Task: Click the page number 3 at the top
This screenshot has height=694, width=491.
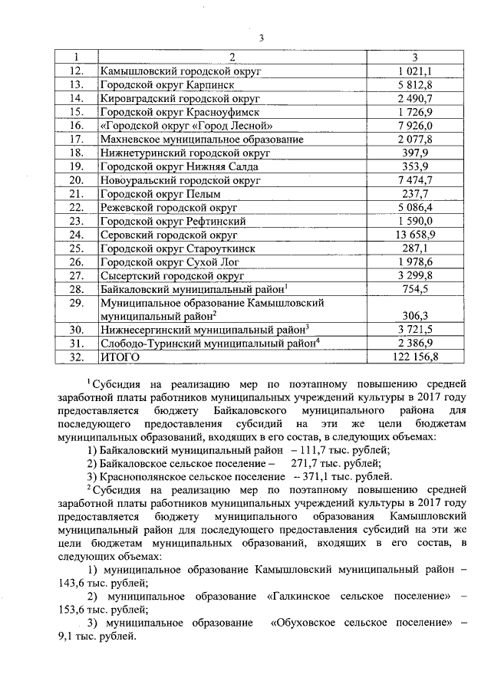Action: (x=261, y=39)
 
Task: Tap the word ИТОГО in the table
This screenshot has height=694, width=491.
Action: (x=122, y=357)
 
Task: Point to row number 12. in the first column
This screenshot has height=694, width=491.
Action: (x=75, y=71)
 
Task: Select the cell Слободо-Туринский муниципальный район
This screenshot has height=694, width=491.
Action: (x=207, y=344)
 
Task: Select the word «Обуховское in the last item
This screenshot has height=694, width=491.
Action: (x=305, y=623)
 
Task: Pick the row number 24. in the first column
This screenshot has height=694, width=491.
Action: (x=75, y=235)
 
